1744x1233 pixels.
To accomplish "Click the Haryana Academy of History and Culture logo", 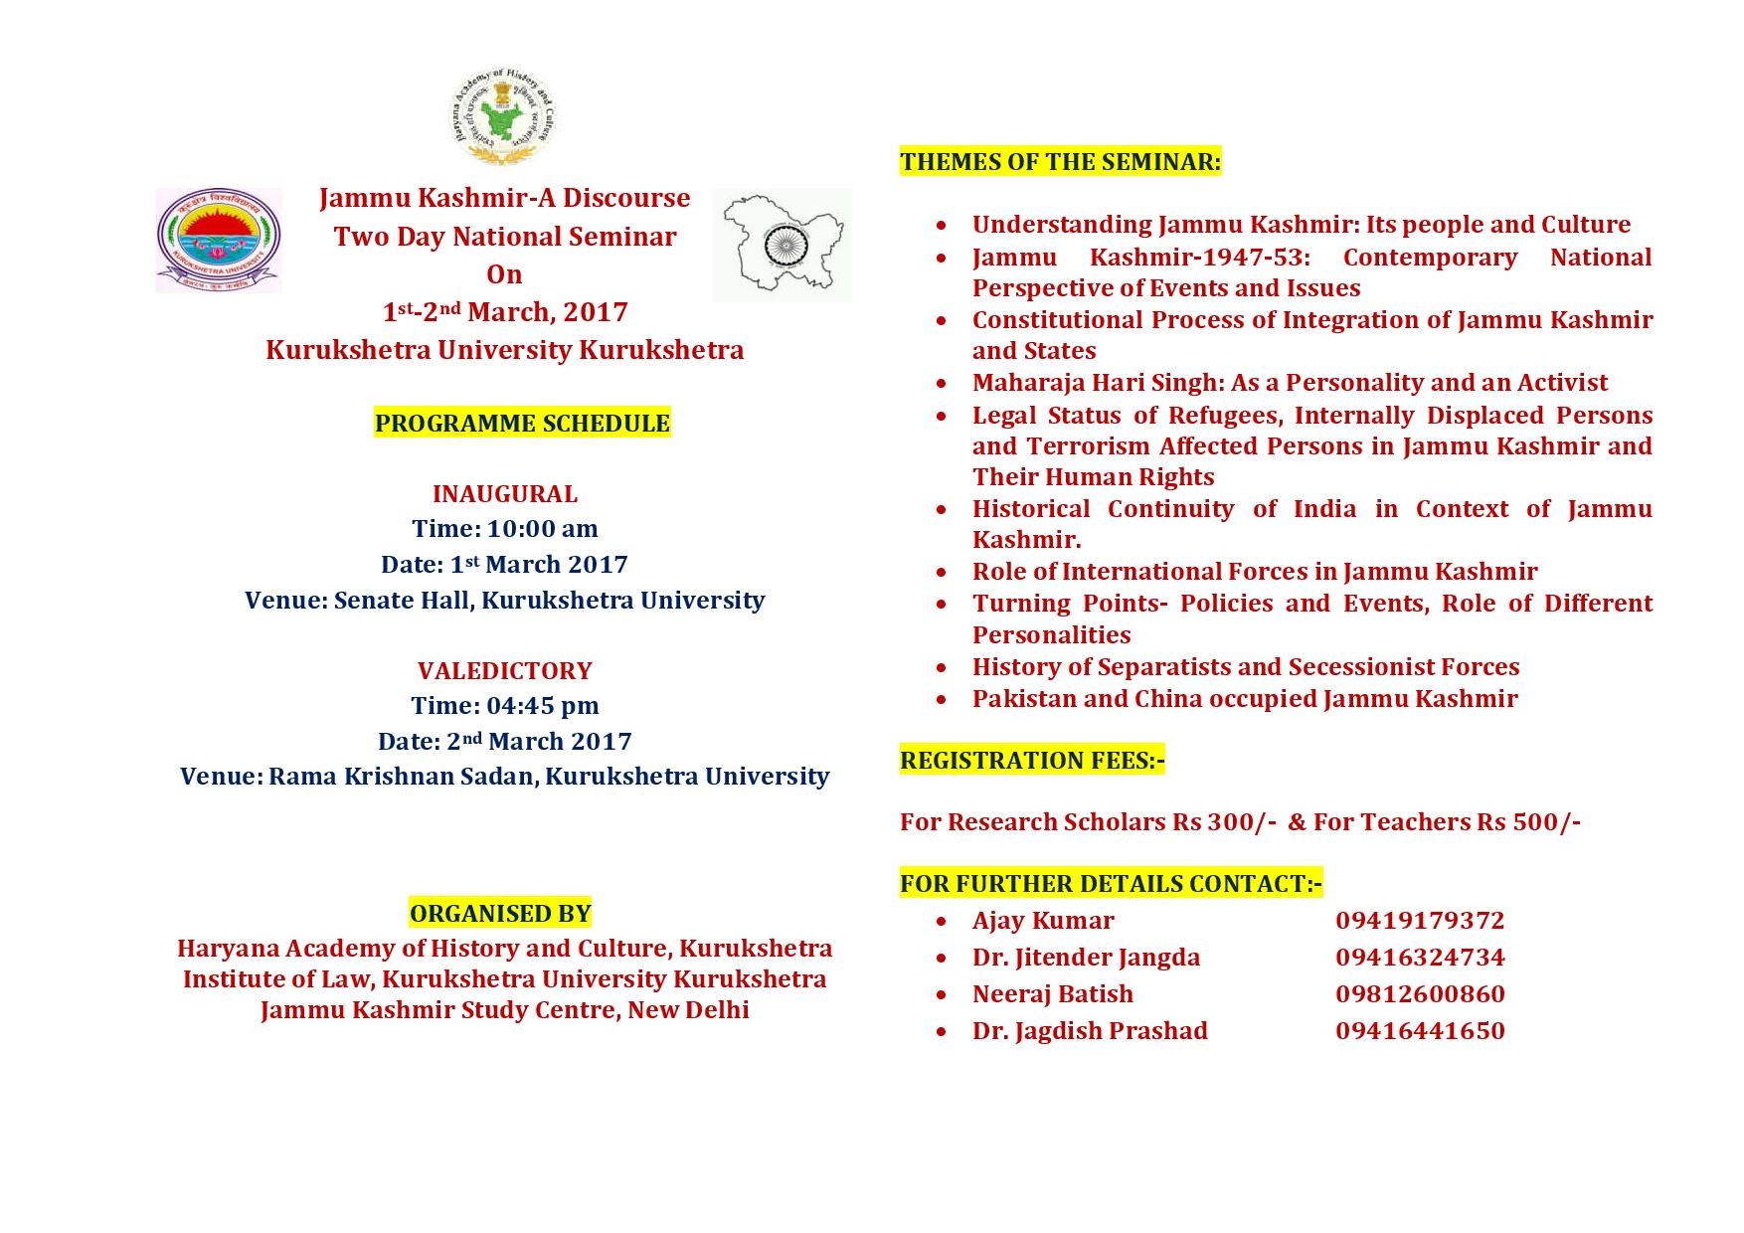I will pos(503,115).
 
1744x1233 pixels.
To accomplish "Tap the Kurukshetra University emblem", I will pos(219,240).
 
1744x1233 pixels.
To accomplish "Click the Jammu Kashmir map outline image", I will pos(783,245).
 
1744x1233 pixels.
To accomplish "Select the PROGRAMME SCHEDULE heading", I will pos(522,424).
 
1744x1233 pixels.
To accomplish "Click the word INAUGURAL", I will pos(504,494).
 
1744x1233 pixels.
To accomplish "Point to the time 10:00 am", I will pos(542,529).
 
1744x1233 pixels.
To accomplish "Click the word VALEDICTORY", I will pos(504,671).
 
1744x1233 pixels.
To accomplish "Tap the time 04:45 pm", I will pos(542,706).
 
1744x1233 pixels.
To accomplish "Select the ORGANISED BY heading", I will pos(500,914).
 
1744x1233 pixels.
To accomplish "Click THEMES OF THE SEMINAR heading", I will pos(1060,162).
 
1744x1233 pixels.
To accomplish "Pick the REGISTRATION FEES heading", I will pos(1032,761).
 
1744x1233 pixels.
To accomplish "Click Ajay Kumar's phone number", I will pos(1419,921).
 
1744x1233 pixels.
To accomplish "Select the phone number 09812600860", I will pos(1419,994).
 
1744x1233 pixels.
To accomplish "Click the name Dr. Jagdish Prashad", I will pos(1090,1031).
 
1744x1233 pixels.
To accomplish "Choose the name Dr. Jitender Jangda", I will pos(1086,958).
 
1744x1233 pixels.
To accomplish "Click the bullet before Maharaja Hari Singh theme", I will pos(942,384).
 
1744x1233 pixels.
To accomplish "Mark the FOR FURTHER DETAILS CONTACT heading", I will pos(1111,884).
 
